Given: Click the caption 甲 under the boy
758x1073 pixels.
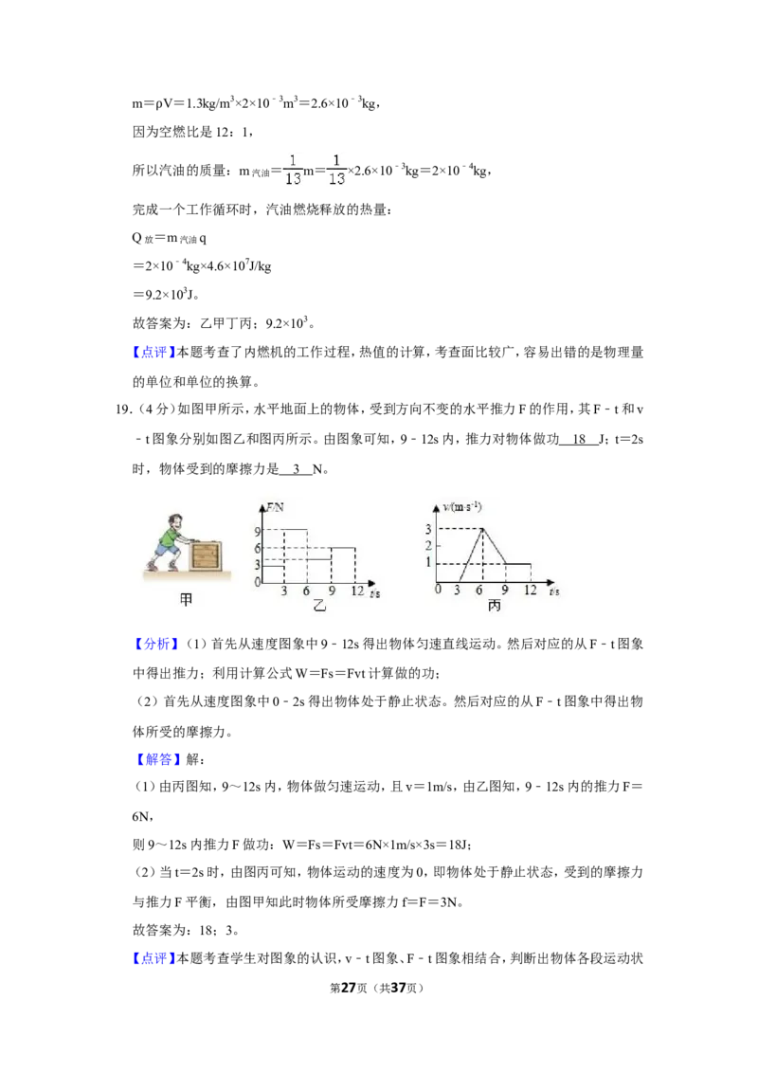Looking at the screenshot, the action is coord(186,599).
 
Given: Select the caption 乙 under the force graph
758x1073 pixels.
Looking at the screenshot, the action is coord(319,606).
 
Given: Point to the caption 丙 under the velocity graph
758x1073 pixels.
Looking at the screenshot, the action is coord(495,606).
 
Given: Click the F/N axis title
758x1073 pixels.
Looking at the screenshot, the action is coord(275,507).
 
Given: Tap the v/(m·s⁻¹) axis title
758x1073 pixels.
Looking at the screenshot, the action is coord(462,507).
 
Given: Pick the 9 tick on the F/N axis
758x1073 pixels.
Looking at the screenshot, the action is coord(257,532).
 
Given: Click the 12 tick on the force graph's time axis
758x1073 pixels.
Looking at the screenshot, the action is coord(357,591).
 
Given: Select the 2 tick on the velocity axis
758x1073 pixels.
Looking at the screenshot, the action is coord(429,545).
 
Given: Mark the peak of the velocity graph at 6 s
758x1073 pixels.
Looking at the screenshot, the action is coord(483,529).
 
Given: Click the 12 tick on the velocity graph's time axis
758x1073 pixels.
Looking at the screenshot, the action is coord(531,590).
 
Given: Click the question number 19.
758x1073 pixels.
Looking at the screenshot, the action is coord(123,409).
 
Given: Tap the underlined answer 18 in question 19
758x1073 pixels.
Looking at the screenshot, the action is coord(580,439).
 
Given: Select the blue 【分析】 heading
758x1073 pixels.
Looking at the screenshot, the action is coord(156,644).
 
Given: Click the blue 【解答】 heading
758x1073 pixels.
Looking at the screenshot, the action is coord(156,759).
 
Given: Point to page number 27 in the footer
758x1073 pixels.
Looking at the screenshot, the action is coord(349,988).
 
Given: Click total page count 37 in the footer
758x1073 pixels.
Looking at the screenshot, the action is coord(398,988).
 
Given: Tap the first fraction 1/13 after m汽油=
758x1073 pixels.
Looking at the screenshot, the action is coord(293,170).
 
